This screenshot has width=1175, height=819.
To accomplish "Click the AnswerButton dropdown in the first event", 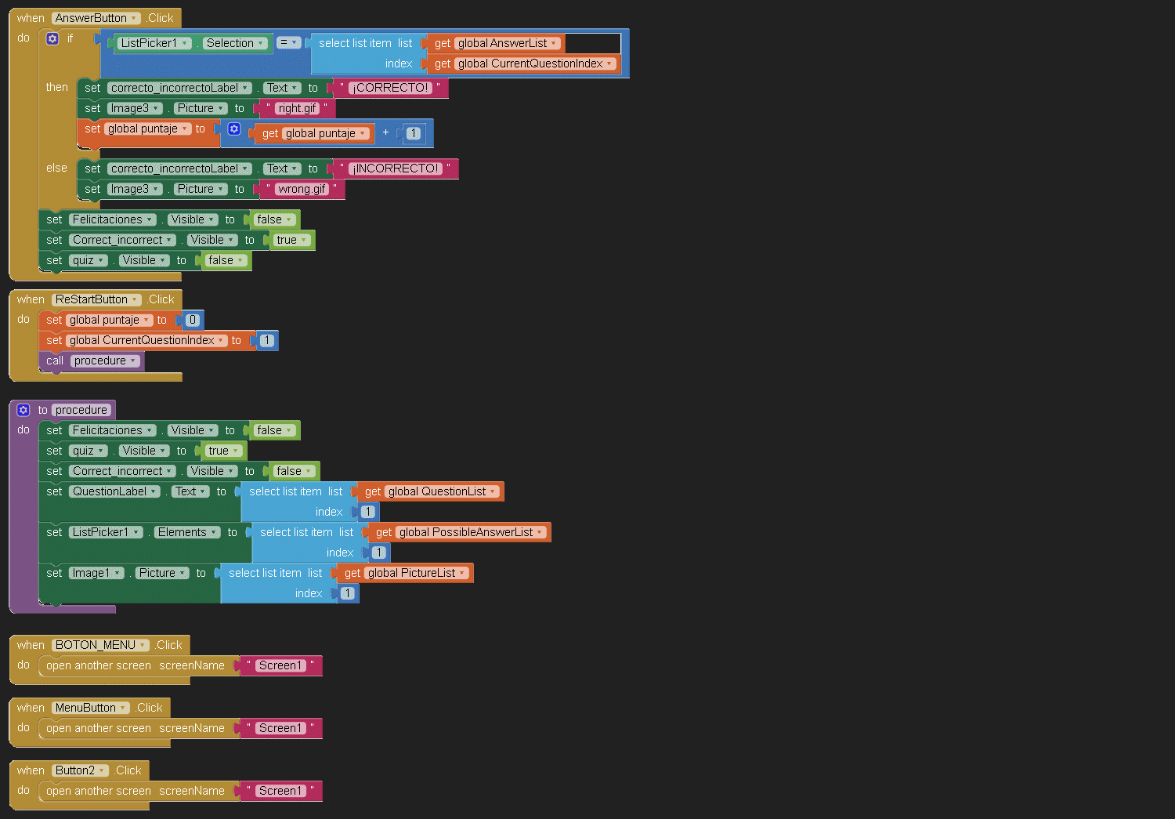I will click(x=96, y=18).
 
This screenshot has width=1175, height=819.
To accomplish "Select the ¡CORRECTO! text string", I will click(x=390, y=88).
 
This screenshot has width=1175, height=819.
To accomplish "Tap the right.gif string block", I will click(x=297, y=108).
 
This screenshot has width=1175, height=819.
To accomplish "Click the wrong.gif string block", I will click(x=302, y=189).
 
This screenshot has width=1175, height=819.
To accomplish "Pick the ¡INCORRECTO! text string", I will click(x=396, y=169).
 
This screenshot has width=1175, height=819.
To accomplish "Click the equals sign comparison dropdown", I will click(x=288, y=43).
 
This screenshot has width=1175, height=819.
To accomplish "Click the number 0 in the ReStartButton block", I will click(x=193, y=320).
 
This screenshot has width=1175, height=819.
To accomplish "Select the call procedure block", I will click(x=91, y=361).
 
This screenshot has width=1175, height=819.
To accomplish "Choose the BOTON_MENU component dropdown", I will click(x=100, y=645).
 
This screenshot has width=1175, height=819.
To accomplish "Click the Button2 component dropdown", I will click(x=80, y=770).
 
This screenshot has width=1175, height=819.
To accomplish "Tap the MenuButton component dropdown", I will click(x=90, y=708).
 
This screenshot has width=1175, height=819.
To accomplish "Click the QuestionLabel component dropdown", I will click(x=114, y=491).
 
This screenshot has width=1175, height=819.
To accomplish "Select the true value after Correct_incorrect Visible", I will click(x=291, y=240).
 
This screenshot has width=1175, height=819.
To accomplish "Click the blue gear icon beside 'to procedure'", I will click(x=23, y=410).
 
